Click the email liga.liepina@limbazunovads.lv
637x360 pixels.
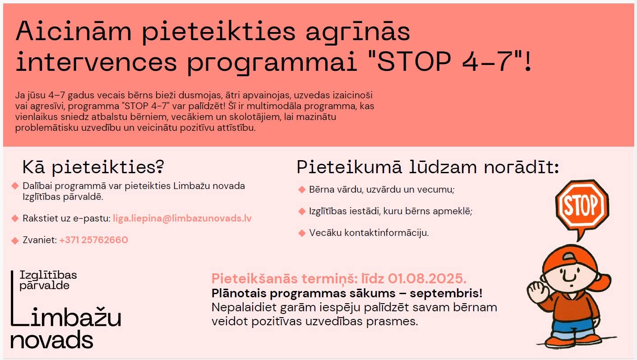pos(182,218)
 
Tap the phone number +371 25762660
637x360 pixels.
pos(93,240)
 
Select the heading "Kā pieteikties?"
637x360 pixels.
pos(93,167)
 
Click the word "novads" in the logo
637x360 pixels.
pos(52,340)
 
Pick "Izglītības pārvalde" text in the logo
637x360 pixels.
pos(48,280)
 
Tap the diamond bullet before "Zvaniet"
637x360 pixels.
pos(15,240)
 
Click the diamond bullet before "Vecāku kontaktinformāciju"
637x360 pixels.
pos(302,233)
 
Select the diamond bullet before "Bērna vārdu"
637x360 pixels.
pos(302,189)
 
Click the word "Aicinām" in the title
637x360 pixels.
pos(74,31)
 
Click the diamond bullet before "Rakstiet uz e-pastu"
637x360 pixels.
pos(15,218)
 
